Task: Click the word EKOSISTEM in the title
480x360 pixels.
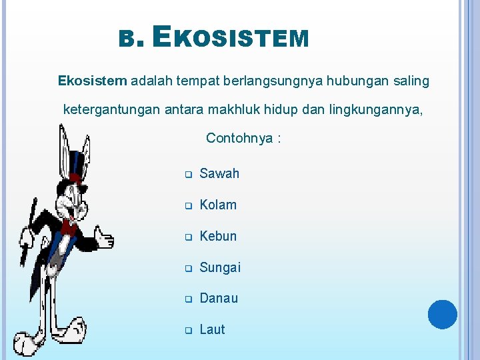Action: [x=231, y=38]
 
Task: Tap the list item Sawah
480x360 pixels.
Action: [x=219, y=173]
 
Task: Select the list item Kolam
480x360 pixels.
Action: [x=218, y=205]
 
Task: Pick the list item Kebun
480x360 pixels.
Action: [x=218, y=236]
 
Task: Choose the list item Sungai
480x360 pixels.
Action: [x=220, y=267]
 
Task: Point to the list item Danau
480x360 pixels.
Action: [x=219, y=298]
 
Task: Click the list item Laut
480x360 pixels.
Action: [x=213, y=329]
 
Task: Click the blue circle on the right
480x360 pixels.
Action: [x=442, y=314]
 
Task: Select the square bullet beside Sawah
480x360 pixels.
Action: [x=188, y=175]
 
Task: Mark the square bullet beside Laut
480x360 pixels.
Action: [x=188, y=331]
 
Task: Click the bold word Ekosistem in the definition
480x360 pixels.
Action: [x=92, y=81]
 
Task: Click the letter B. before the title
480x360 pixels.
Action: [x=127, y=41]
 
